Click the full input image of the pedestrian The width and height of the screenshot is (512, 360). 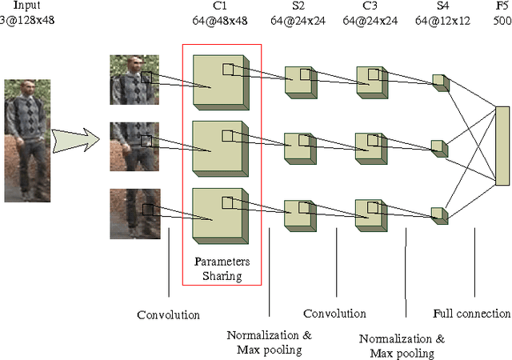[27, 140]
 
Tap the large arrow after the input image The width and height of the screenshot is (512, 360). [77, 141]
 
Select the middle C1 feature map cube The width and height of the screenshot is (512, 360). [222, 147]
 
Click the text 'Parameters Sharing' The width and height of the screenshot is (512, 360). [222, 269]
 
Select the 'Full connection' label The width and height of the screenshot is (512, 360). [471, 314]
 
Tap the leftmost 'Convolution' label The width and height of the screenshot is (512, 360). [168, 314]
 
